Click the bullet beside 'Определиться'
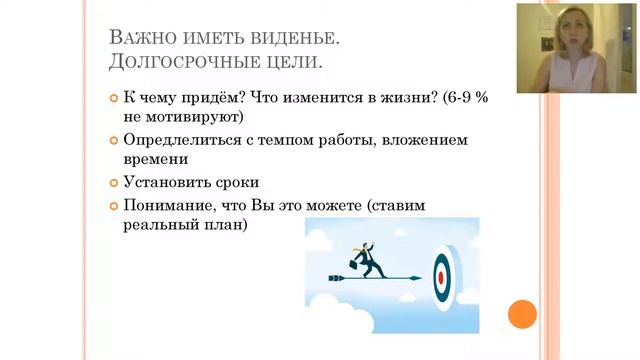(113, 140)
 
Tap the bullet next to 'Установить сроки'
(113, 183)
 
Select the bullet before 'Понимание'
(113, 205)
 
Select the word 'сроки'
(230, 183)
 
